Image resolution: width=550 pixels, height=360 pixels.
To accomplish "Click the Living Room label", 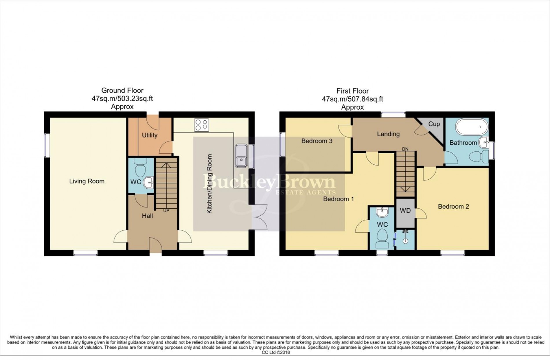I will click(87, 181).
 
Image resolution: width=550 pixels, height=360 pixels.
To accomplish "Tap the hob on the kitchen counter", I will click(201, 125).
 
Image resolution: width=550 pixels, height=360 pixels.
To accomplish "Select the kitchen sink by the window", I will click(241, 156).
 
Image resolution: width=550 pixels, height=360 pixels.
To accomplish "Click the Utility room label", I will click(150, 135).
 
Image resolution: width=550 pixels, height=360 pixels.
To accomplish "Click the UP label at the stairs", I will click(166, 211).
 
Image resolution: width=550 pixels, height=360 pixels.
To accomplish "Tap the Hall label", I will click(147, 216).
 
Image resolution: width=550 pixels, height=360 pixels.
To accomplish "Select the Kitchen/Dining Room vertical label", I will click(209, 184).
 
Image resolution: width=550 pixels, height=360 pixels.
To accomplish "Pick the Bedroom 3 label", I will click(317, 141).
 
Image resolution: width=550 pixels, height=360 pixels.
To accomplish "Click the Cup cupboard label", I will click(434, 124).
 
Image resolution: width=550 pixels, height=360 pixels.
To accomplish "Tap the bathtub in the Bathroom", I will click(472, 126).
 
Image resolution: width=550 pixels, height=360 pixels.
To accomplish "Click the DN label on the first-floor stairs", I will click(405, 149).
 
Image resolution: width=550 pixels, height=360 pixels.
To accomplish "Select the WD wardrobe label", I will click(405, 211).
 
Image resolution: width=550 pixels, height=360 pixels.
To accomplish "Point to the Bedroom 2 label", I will click(453, 206).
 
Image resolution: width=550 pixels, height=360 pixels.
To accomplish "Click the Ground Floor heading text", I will click(122, 91).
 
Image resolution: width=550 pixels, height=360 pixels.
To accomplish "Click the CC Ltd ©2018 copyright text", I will click(275, 352).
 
